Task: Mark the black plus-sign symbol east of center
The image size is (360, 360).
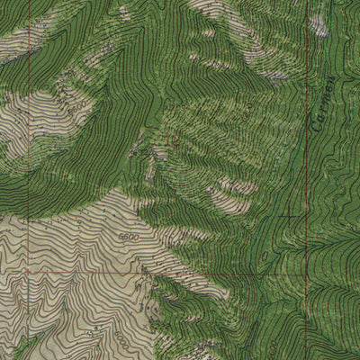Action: coord(286,216)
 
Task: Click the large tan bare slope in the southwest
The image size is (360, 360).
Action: coord(72,261)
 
